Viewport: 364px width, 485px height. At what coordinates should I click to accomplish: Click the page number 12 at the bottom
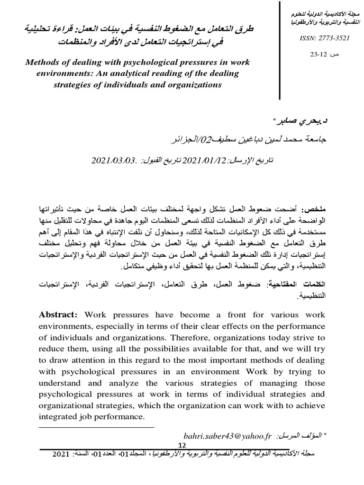tap(182, 445)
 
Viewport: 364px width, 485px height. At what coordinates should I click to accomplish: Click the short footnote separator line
tap(97, 427)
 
